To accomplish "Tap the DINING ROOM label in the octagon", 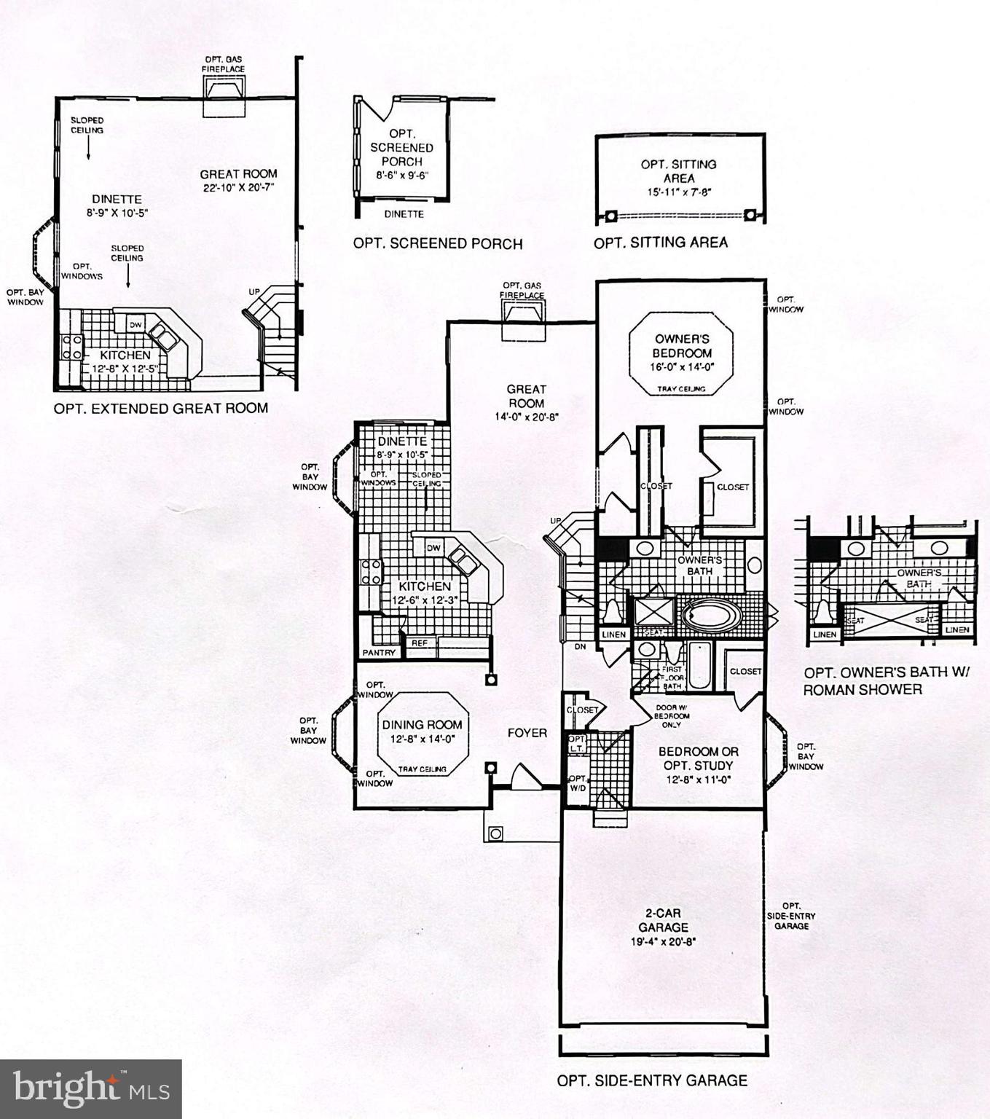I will pyautogui.click(x=423, y=724).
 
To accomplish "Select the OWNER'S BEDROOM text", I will pyautogui.click(x=682, y=345).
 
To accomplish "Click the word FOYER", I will pyautogui.click(x=527, y=733).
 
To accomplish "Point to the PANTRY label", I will pyautogui.click(x=379, y=653).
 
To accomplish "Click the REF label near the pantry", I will pyautogui.click(x=420, y=643).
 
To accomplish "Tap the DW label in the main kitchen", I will pyautogui.click(x=433, y=548).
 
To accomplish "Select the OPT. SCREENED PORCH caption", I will pyautogui.click(x=437, y=243).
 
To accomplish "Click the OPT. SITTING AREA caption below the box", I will pyautogui.click(x=660, y=243).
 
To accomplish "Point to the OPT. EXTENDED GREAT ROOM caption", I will pyautogui.click(x=160, y=409).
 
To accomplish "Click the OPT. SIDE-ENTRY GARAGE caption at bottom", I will pyautogui.click(x=652, y=1080).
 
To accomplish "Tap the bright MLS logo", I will pyautogui.click(x=91, y=1089).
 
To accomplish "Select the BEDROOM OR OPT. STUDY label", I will pyautogui.click(x=698, y=758).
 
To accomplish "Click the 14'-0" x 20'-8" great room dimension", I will pyautogui.click(x=526, y=417).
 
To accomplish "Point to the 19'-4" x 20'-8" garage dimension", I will pyautogui.click(x=663, y=941).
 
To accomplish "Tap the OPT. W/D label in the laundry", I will pyautogui.click(x=578, y=783).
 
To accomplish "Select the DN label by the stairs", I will pyautogui.click(x=580, y=647).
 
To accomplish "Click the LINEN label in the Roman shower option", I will pyautogui.click(x=825, y=635).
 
